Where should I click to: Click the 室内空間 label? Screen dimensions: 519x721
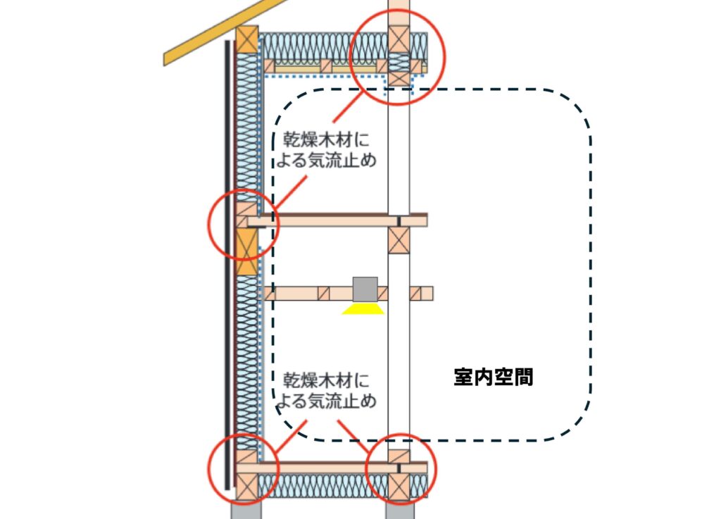(x=493, y=377)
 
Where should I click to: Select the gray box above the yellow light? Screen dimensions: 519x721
(x=365, y=288)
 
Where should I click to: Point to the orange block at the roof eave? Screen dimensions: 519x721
(x=247, y=39)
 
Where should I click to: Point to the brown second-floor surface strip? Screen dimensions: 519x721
(x=338, y=214)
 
